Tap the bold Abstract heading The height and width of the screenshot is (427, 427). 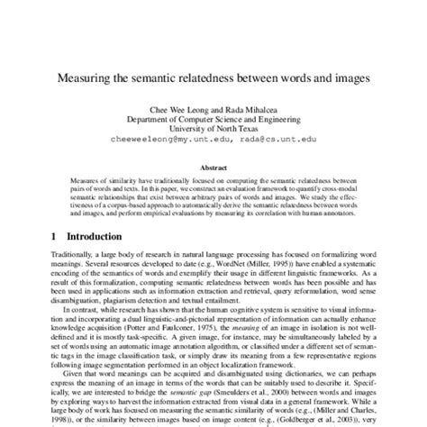(x=213, y=167)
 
